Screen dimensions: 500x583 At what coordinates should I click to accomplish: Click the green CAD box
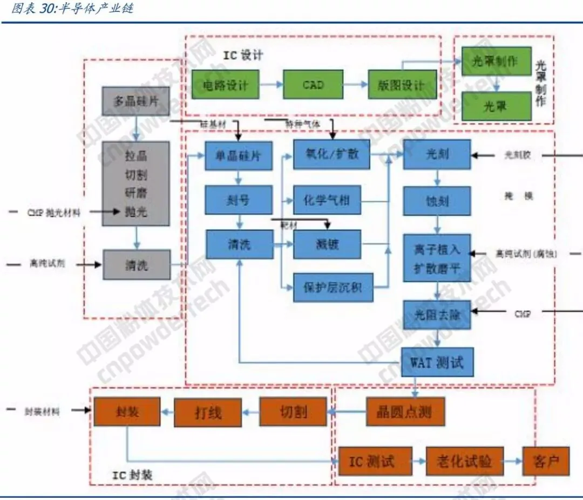(x=313, y=85)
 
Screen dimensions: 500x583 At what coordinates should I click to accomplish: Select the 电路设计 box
(x=225, y=85)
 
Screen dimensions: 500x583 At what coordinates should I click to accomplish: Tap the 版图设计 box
(x=402, y=85)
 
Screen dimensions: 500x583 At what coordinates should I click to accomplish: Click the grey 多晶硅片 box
(x=135, y=101)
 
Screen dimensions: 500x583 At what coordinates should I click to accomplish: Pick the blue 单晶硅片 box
(x=238, y=155)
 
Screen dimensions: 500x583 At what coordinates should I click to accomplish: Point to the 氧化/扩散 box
(x=331, y=154)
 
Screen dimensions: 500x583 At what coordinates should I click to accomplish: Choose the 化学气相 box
(x=327, y=201)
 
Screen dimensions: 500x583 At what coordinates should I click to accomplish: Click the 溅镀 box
(x=327, y=245)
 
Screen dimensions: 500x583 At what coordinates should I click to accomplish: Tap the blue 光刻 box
(x=437, y=154)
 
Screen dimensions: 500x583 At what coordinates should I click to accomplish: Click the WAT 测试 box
(x=437, y=362)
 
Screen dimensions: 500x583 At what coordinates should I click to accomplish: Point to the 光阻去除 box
(x=437, y=315)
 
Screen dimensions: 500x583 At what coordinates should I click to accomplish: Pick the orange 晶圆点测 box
(x=405, y=413)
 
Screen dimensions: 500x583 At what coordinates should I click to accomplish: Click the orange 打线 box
(x=207, y=413)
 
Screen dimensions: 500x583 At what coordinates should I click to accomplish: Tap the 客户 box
(x=545, y=462)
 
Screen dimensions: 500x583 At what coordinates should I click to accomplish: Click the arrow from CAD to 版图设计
(x=355, y=85)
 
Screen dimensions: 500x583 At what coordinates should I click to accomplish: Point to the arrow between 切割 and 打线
(x=250, y=413)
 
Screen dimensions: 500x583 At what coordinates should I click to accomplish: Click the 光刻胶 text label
(x=518, y=155)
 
